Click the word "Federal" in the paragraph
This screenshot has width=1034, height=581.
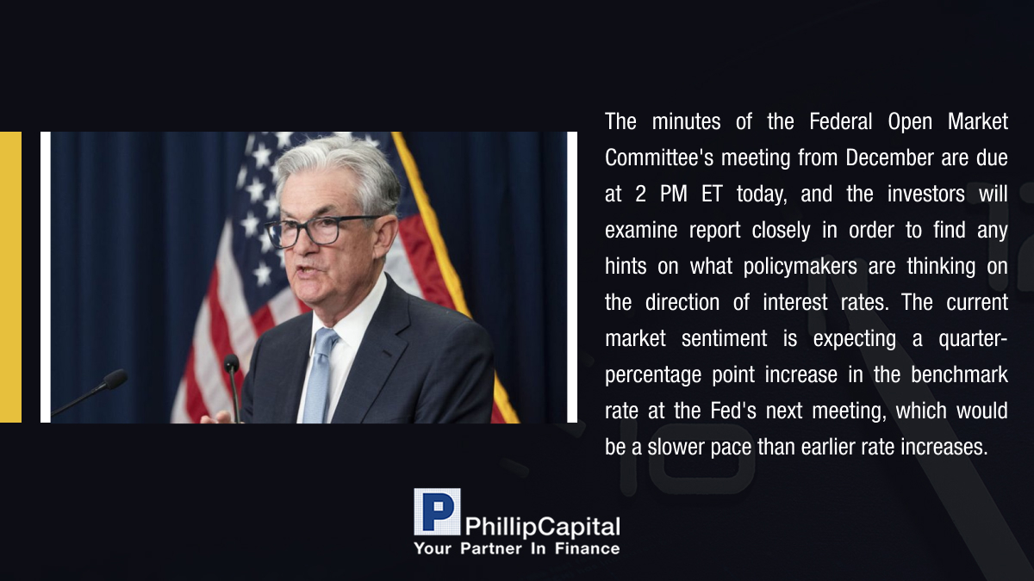[841, 121]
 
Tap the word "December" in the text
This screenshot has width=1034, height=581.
[889, 158]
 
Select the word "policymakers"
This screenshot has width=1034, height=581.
[800, 267]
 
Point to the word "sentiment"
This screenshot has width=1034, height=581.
[725, 338]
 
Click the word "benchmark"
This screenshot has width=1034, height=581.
[959, 374]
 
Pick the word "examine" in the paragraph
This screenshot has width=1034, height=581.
[641, 230]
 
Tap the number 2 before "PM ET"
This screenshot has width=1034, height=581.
[640, 195]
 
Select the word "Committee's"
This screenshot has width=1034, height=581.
[659, 158]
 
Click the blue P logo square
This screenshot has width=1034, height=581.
[437, 512]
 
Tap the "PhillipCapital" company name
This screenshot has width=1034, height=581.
[542, 527]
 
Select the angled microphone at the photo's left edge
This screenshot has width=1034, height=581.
[90, 392]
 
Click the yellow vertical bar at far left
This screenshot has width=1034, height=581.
[10, 277]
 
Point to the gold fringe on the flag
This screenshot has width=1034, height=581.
[457, 276]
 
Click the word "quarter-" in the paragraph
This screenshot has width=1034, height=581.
[973, 339]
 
